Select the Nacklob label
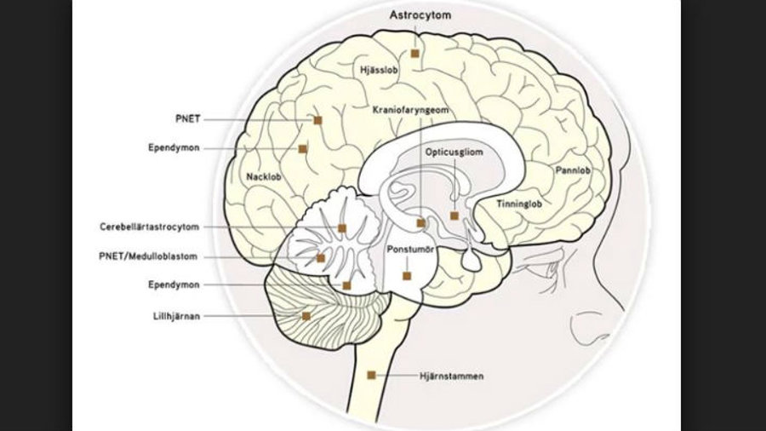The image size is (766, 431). [263, 177]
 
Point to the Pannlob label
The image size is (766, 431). [572, 170]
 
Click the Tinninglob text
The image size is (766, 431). [519, 204]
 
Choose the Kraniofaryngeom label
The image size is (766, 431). [410, 111]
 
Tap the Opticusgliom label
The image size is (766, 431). [453, 151]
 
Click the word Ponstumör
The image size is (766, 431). [408, 250]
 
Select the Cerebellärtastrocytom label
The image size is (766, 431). [148, 227]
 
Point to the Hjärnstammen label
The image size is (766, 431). [451, 376]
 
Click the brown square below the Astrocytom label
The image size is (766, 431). [415, 53]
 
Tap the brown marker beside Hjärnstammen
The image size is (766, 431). [371, 375]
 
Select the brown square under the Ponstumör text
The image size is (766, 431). [407, 276]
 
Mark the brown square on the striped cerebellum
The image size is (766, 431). [306, 315]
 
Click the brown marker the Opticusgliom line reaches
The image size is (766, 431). [454, 215]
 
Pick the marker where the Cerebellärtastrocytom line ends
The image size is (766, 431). [342, 227]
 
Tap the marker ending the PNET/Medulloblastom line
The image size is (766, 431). [321, 258]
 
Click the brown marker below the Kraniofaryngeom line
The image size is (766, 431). [420, 223]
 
